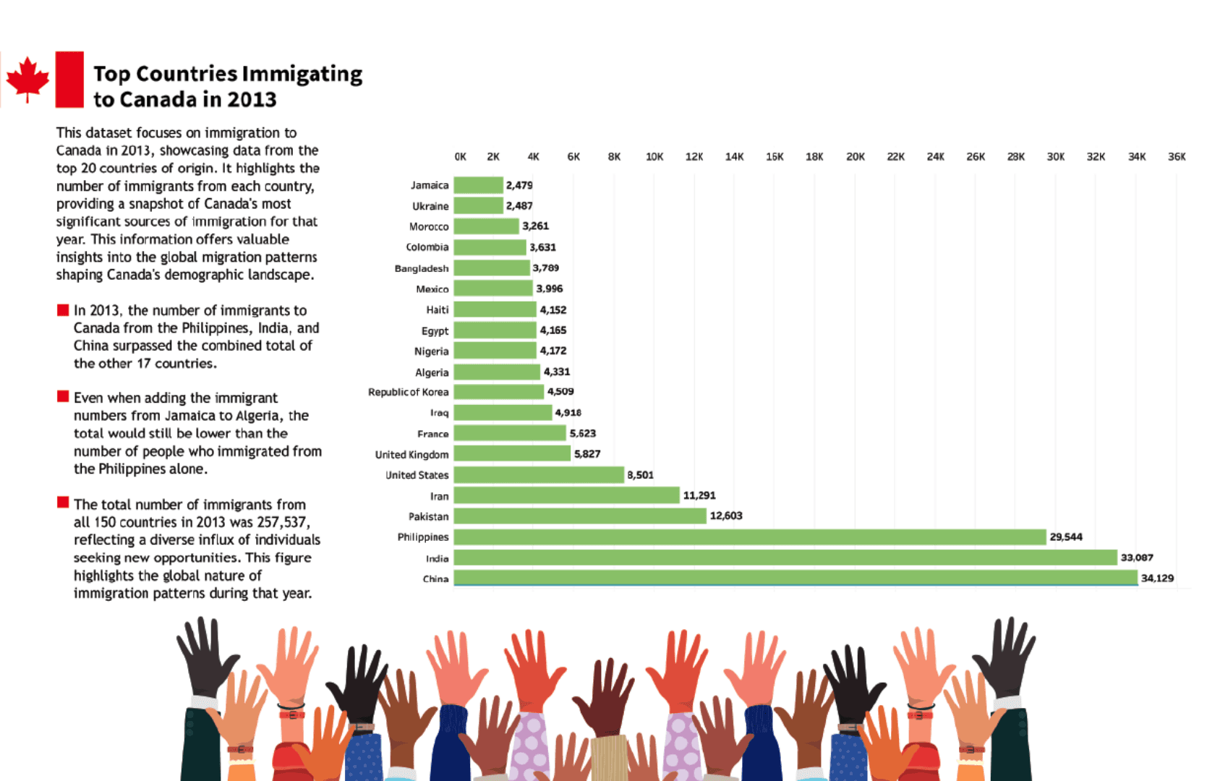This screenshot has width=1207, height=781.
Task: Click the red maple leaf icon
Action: coord(27,79)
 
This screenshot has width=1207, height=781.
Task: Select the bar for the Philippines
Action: coord(750,537)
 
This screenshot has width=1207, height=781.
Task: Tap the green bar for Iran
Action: coord(567,495)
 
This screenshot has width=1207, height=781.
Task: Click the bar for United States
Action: coord(539,475)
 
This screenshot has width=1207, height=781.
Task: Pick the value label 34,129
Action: coord(1157,578)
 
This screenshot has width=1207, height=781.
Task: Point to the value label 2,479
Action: coord(519,185)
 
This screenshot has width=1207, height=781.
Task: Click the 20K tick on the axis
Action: coord(856,157)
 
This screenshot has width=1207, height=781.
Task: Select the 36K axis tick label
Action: coord(1177,157)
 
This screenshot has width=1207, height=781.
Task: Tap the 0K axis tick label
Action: coord(461,157)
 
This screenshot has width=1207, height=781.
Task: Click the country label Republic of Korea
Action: coord(408,392)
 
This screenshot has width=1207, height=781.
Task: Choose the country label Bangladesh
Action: coord(422,268)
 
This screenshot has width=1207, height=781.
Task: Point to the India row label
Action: coord(437,558)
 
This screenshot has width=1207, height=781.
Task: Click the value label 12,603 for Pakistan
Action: coord(726,516)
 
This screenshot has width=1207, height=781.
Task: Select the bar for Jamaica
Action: coord(478,185)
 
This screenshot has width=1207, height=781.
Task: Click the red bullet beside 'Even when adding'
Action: coord(63,396)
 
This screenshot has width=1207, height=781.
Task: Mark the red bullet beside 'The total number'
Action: coord(63,503)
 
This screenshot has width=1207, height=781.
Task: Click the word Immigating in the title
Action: coord(302,74)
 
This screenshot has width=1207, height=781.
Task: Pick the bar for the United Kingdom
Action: coord(512,454)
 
